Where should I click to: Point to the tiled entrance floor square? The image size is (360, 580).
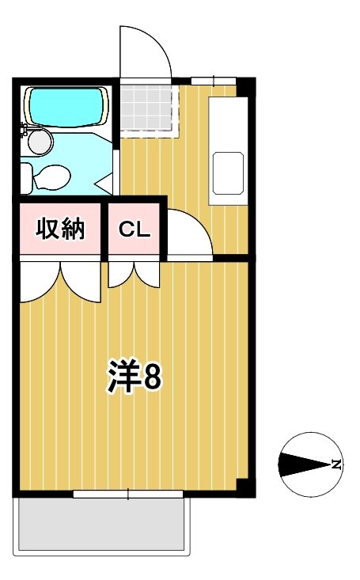coord(146,107)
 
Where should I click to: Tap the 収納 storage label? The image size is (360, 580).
coord(60,229)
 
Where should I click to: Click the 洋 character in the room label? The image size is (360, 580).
coord(123,378)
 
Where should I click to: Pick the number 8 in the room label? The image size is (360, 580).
coord(152,378)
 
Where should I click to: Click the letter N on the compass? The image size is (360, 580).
coord(337,464)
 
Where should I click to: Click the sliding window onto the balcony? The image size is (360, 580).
coord(127,495)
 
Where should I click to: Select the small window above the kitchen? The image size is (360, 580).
coord(213,79)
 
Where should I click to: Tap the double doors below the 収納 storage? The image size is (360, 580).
coord(60,281)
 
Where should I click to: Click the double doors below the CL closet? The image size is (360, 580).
coord(134,275)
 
